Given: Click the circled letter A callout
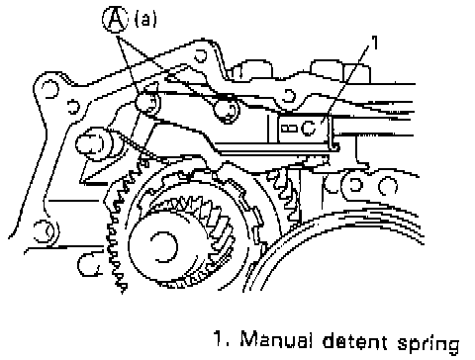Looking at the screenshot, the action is pyautogui.click(x=115, y=19).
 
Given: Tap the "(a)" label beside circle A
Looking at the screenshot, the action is pyautogui.click(x=145, y=19).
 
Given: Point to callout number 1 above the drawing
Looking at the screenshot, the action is pyautogui.click(x=374, y=43).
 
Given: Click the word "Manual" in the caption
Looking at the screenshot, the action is pyautogui.click(x=276, y=339).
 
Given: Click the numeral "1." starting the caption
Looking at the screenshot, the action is pyautogui.click(x=222, y=339).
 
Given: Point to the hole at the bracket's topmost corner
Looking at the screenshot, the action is pyautogui.click(x=201, y=55).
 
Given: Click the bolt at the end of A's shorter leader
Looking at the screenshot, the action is pyautogui.click(x=227, y=111).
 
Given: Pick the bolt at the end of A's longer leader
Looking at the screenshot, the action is pyautogui.click(x=147, y=102).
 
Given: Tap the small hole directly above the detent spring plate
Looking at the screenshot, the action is pyautogui.click(x=289, y=96).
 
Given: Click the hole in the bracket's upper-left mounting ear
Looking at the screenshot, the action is pyautogui.click(x=50, y=89).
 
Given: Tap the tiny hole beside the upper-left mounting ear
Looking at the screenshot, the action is pyautogui.click(x=74, y=106).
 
